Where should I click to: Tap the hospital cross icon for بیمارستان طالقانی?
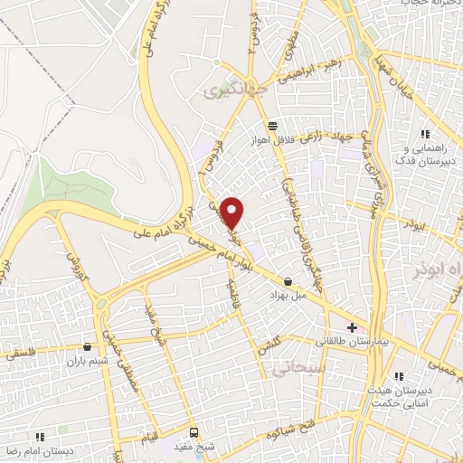click(352, 326)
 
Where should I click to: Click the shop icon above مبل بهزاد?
click(288, 281)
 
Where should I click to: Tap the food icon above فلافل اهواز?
click(272, 125)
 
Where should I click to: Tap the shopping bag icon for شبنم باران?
click(87, 345)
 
